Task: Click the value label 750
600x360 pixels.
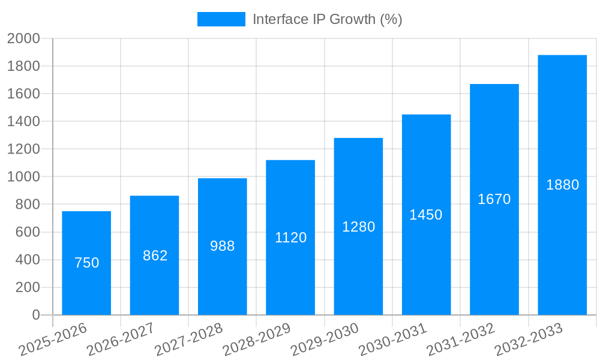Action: [86, 263]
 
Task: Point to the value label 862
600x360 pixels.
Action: [155, 256]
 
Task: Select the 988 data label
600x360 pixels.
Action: [223, 246]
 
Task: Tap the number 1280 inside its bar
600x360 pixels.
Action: [358, 227]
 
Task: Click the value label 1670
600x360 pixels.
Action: [494, 199]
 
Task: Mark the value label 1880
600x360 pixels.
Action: [562, 185]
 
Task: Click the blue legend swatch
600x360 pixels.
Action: [221, 19]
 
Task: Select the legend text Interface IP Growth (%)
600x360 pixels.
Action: [327, 19]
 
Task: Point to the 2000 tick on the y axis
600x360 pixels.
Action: [23, 39]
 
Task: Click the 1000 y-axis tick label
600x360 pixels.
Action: [23, 177]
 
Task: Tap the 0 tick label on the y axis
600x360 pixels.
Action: [35, 315]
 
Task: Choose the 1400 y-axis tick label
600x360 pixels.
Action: [23, 122]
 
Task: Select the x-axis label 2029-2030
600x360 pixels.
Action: [325, 340]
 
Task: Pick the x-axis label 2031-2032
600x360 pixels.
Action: [461, 340]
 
